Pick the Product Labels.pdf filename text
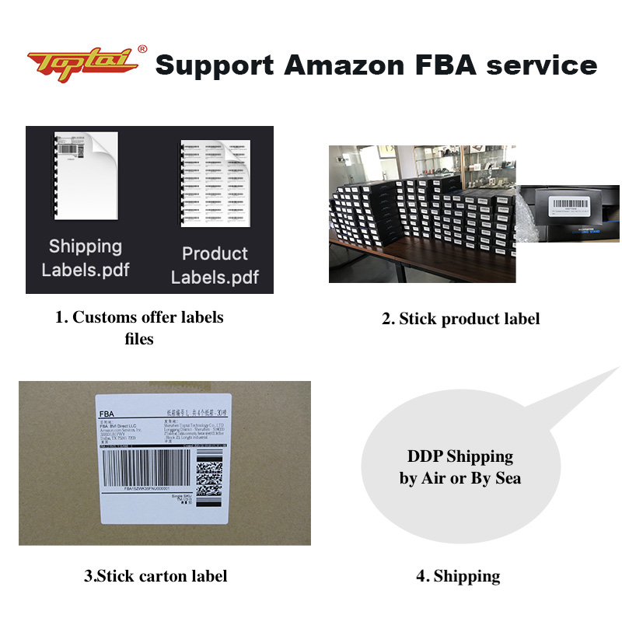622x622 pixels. coord(215,265)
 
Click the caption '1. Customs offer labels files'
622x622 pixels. coord(139,327)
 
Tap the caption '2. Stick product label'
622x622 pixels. coord(460,319)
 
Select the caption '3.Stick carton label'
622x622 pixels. coord(155,576)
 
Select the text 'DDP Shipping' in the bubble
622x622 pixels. coord(460,456)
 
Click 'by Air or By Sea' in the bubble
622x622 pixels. coord(460,478)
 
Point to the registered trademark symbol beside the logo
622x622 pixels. coord(142,49)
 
